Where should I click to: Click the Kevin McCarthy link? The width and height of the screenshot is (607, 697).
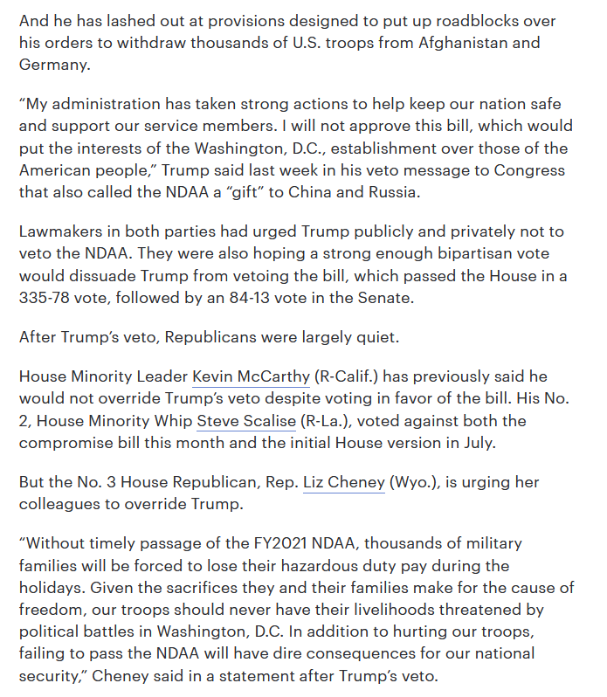[x=251, y=377]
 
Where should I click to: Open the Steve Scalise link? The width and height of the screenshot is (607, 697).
[x=245, y=421]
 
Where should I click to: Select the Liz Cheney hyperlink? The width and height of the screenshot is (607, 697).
[x=343, y=483]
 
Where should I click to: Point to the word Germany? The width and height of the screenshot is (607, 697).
[x=54, y=65]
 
